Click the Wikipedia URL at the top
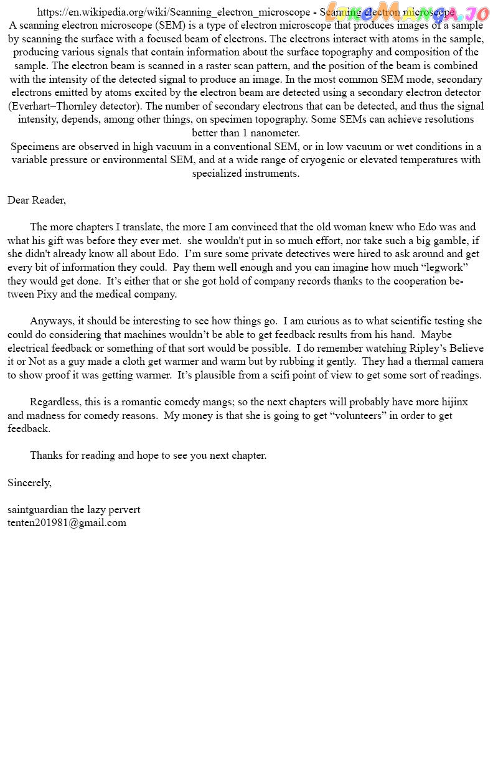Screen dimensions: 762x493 tap(174, 12)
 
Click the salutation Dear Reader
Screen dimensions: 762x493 tap(36, 200)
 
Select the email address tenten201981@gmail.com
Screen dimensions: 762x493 tap(67, 522)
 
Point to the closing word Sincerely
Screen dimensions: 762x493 tap(29, 482)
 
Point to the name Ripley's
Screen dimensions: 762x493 tap(428, 348)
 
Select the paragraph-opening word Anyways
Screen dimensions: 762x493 tap(50, 321)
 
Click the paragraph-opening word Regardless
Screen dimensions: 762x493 tap(55, 402)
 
